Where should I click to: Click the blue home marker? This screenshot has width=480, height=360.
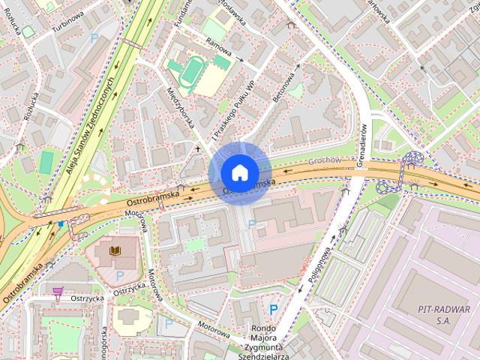pos(239,172)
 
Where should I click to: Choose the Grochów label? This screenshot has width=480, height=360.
pos(325,160)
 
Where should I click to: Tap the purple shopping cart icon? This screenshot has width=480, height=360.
pos(58,290)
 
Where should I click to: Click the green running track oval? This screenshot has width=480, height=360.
pos(194,72)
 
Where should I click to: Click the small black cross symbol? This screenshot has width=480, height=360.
pos(198,148)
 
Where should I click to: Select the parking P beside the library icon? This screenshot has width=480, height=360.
pos(119,275)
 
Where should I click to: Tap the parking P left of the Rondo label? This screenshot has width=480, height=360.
pos(274,309)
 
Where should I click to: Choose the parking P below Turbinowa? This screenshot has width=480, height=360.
pos(94,37)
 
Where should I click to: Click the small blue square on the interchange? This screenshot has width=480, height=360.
pos(61,223)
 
